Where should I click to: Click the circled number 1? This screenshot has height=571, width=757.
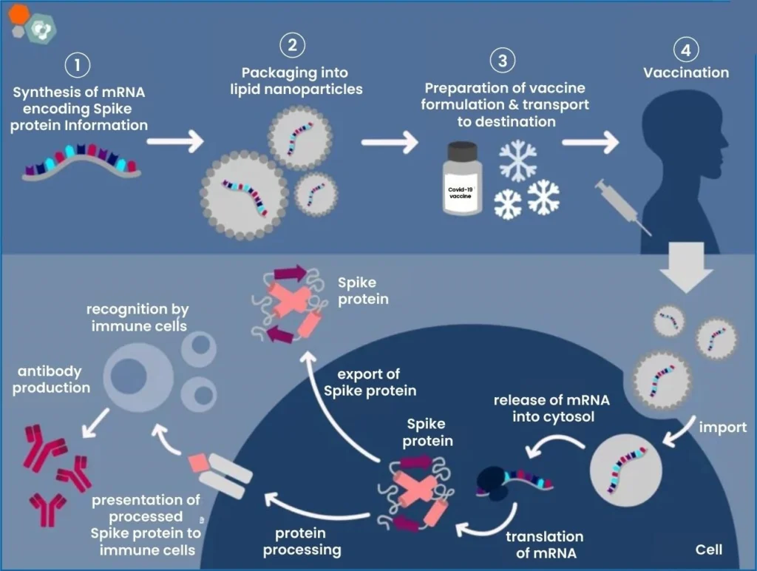point(77,65)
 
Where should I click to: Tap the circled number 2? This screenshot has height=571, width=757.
point(293,45)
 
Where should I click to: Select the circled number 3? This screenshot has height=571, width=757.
point(503,61)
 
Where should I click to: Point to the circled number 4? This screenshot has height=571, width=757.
point(685,50)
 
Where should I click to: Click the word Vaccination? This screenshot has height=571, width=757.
point(686,72)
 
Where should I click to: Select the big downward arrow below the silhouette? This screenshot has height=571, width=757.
point(686,267)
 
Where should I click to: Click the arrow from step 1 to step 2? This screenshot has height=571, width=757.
point(175,141)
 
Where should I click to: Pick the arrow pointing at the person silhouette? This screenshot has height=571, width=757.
point(591,143)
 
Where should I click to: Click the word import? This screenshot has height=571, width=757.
point(723,428)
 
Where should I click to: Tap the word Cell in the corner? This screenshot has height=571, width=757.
point(709,550)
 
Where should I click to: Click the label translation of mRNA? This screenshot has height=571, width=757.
point(545,544)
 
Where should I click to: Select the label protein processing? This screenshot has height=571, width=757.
point(302,541)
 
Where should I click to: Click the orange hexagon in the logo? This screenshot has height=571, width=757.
point(18,15)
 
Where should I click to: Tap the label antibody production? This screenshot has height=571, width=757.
point(51,379)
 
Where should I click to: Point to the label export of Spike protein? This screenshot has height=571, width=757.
point(370,382)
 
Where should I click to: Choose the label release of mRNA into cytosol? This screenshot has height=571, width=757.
point(551,408)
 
